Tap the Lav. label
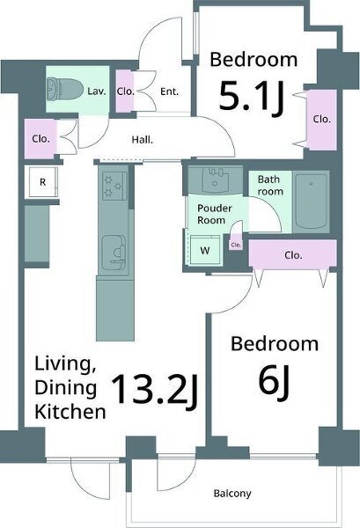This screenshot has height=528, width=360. click(x=97, y=91)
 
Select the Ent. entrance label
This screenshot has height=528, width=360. click(x=169, y=92)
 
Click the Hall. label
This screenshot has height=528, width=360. click(x=142, y=139)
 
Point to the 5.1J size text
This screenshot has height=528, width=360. click(x=252, y=98)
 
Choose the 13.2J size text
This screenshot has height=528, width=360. click(x=154, y=391)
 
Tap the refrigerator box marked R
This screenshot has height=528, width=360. click(x=43, y=182)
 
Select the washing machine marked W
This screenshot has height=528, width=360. click(x=205, y=250)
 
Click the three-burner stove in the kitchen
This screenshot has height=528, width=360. click(x=114, y=186)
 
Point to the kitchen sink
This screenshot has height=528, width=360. click(x=114, y=252)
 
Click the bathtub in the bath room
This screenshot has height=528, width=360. click(x=311, y=202)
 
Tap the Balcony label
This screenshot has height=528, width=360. click(x=232, y=494)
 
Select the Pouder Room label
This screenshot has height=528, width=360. click(x=215, y=214)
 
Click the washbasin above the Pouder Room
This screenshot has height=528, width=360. click(x=216, y=180)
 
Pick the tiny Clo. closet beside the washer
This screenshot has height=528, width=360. click(x=236, y=245)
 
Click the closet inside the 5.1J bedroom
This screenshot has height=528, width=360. click(x=322, y=119)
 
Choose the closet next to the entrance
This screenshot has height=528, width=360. click(x=125, y=91)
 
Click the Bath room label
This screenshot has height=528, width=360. click(x=270, y=185)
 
